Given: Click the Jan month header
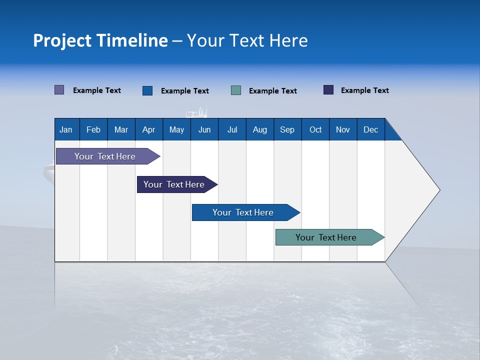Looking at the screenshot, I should [66, 130].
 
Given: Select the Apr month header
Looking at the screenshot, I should [148, 130].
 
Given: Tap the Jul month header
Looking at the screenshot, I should [232, 130].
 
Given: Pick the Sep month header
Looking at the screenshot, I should [287, 130].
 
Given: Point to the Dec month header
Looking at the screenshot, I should [370, 130].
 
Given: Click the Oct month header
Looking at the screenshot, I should [315, 130].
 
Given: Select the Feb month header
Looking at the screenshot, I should [93, 130].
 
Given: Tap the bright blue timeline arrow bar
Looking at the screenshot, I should [243, 212].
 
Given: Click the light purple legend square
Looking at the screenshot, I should [59, 90].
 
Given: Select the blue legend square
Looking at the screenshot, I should [147, 90].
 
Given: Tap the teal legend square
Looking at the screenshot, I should [236, 90].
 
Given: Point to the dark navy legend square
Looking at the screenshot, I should [328, 90].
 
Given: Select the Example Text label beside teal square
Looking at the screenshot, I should [272, 91].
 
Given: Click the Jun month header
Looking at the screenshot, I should [204, 130].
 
